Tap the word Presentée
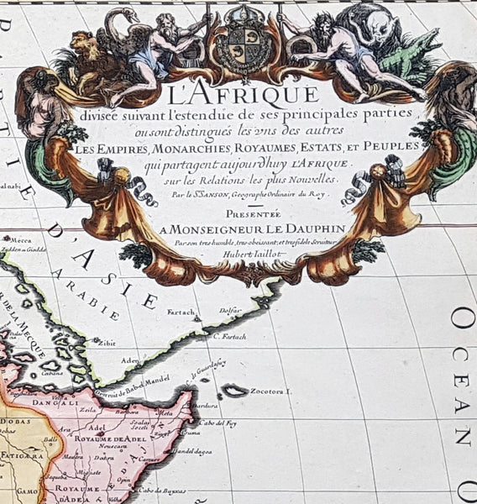tap(239, 214)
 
